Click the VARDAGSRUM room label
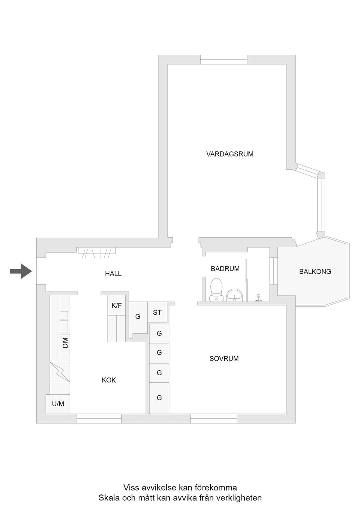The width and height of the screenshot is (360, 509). [x=230, y=154]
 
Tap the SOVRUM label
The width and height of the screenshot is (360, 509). [x=224, y=359]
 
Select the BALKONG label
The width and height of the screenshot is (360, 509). [x=315, y=271]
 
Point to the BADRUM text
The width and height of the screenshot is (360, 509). [x=225, y=269]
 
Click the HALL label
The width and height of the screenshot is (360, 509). [x=113, y=274]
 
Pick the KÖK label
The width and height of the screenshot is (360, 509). [x=109, y=380]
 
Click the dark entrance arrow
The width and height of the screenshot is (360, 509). [x=21, y=271]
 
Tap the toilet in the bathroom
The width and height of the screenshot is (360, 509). [x=216, y=290]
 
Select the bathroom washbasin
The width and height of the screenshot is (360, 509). [x=234, y=295]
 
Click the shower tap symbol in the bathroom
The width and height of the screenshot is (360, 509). [x=258, y=298]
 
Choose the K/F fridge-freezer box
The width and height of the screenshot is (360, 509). [x=116, y=305]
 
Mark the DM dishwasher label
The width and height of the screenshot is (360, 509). [x=65, y=343]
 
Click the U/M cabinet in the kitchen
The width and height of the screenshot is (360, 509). [x=58, y=404]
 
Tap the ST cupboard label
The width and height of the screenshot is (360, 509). [x=157, y=313]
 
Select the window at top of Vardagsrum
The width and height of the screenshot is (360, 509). [x=224, y=60]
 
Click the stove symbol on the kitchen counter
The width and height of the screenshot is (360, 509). [x=60, y=372]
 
